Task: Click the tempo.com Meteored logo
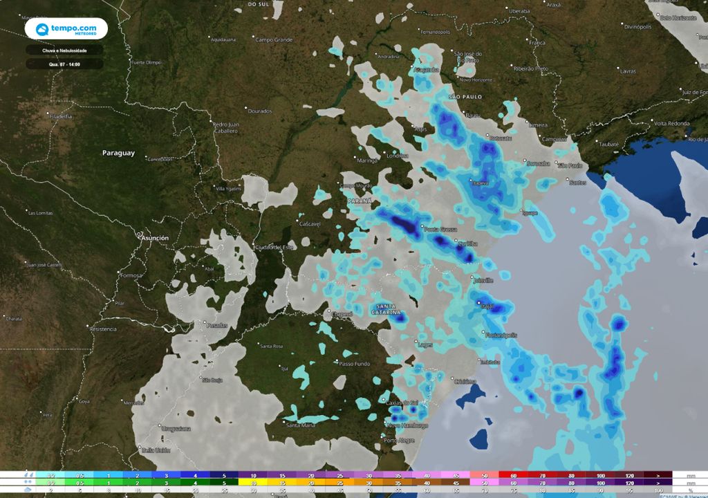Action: point(66,29)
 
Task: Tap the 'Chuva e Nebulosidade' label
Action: point(65,50)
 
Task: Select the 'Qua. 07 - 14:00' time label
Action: point(65,64)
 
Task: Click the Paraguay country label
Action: point(118,153)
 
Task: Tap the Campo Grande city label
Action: point(274,40)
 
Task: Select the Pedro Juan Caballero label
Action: point(225,127)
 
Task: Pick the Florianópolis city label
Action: point(501,335)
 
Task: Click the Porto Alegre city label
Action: point(399,441)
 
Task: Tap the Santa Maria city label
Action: point(301,425)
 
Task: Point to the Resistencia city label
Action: point(102,329)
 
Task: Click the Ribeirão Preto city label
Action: point(531,68)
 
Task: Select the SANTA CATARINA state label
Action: point(388,309)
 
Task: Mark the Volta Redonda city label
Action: point(671,123)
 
